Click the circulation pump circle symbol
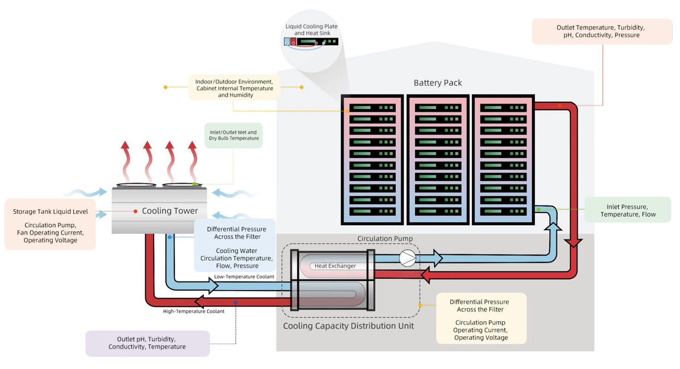408,259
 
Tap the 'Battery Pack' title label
438,83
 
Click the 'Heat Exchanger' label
335,266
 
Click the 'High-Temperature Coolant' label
194,311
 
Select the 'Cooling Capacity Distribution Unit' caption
348,326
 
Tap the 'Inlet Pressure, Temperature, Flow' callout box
627,210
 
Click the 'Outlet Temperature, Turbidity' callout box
602,31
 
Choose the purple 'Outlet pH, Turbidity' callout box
148,343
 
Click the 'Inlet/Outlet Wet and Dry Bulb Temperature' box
233,135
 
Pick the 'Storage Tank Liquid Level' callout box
50,224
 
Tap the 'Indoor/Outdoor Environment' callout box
234,87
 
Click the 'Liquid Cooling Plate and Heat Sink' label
311,30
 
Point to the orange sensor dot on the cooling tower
136,211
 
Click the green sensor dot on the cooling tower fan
195,184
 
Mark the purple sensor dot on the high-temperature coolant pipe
236,303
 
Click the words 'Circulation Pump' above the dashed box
385,238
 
